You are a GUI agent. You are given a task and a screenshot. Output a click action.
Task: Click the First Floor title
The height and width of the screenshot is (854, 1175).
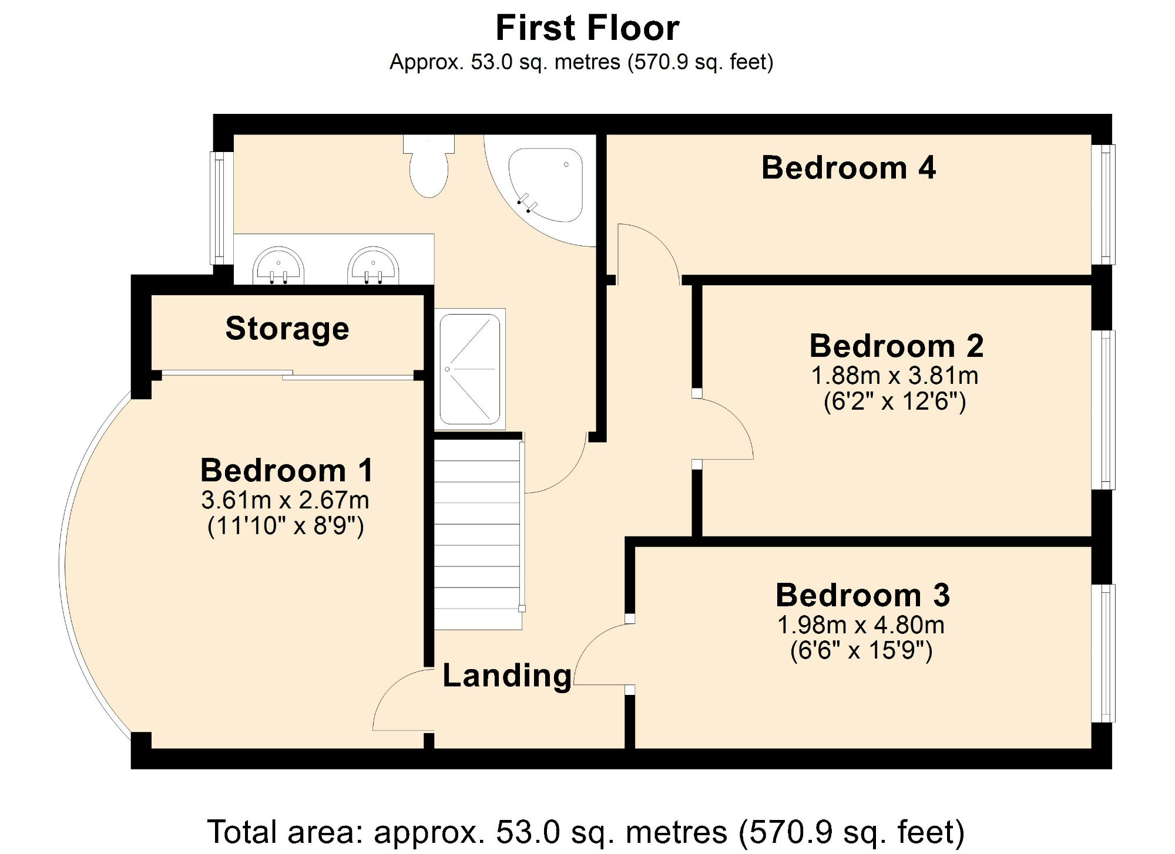point(587,28)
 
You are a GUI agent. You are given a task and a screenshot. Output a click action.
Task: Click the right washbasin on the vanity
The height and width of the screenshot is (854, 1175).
point(374,266)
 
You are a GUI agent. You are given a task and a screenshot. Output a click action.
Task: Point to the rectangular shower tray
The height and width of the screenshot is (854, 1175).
point(470,369)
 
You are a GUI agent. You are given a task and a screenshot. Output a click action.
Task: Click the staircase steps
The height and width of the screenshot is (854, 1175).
point(478,534)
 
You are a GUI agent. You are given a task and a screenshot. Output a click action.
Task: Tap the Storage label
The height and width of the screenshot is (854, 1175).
point(287,328)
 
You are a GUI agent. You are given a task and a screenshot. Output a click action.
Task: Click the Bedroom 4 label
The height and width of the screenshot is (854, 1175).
point(848,168)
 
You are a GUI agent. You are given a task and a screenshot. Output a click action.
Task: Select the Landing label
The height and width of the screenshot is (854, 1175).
point(506,676)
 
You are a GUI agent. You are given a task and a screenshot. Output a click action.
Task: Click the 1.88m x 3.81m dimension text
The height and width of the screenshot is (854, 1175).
point(895,376)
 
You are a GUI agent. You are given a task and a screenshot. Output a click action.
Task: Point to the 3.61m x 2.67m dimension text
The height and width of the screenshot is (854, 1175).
point(285,500)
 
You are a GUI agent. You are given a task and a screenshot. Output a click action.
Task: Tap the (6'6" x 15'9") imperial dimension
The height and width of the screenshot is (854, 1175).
point(861,650)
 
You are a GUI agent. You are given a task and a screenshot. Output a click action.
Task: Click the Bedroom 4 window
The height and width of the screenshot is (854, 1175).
point(1107,204)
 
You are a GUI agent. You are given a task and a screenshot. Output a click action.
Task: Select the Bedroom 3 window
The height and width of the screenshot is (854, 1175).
point(1107,653)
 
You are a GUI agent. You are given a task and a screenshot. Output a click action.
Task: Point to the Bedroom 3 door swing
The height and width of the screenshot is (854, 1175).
point(599,654)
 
